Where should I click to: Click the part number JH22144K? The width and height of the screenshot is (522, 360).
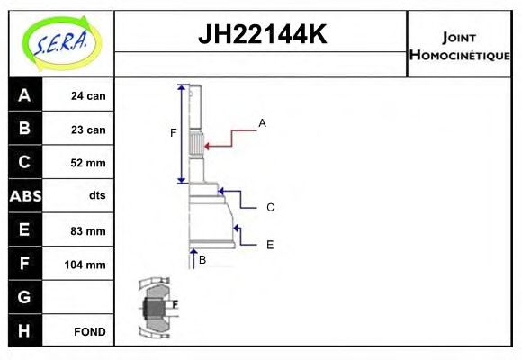(x=261, y=36)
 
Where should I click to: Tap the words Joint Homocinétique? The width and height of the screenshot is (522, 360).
(x=459, y=46)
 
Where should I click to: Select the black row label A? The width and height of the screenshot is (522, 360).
(x=24, y=95)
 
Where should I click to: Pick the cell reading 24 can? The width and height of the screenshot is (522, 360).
(x=88, y=95)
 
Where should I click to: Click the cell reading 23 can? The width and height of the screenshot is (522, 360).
(x=88, y=130)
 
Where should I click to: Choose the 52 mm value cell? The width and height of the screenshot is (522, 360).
(x=88, y=163)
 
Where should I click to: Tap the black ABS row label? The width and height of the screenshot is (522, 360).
(x=24, y=196)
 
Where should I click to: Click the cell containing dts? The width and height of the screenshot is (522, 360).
(x=96, y=196)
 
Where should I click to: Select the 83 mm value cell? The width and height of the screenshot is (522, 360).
(x=88, y=230)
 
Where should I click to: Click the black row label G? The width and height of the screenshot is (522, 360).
(x=24, y=297)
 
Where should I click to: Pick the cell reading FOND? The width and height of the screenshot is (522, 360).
(x=89, y=331)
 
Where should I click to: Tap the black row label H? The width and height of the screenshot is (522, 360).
(x=24, y=331)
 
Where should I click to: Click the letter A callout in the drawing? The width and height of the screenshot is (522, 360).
(x=262, y=122)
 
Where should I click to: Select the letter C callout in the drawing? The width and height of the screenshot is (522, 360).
(x=270, y=207)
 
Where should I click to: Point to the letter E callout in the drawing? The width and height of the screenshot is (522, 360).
(x=270, y=244)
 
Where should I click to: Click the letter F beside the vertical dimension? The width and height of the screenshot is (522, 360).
(x=174, y=133)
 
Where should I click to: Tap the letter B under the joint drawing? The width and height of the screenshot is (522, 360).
(x=202, y=259)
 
